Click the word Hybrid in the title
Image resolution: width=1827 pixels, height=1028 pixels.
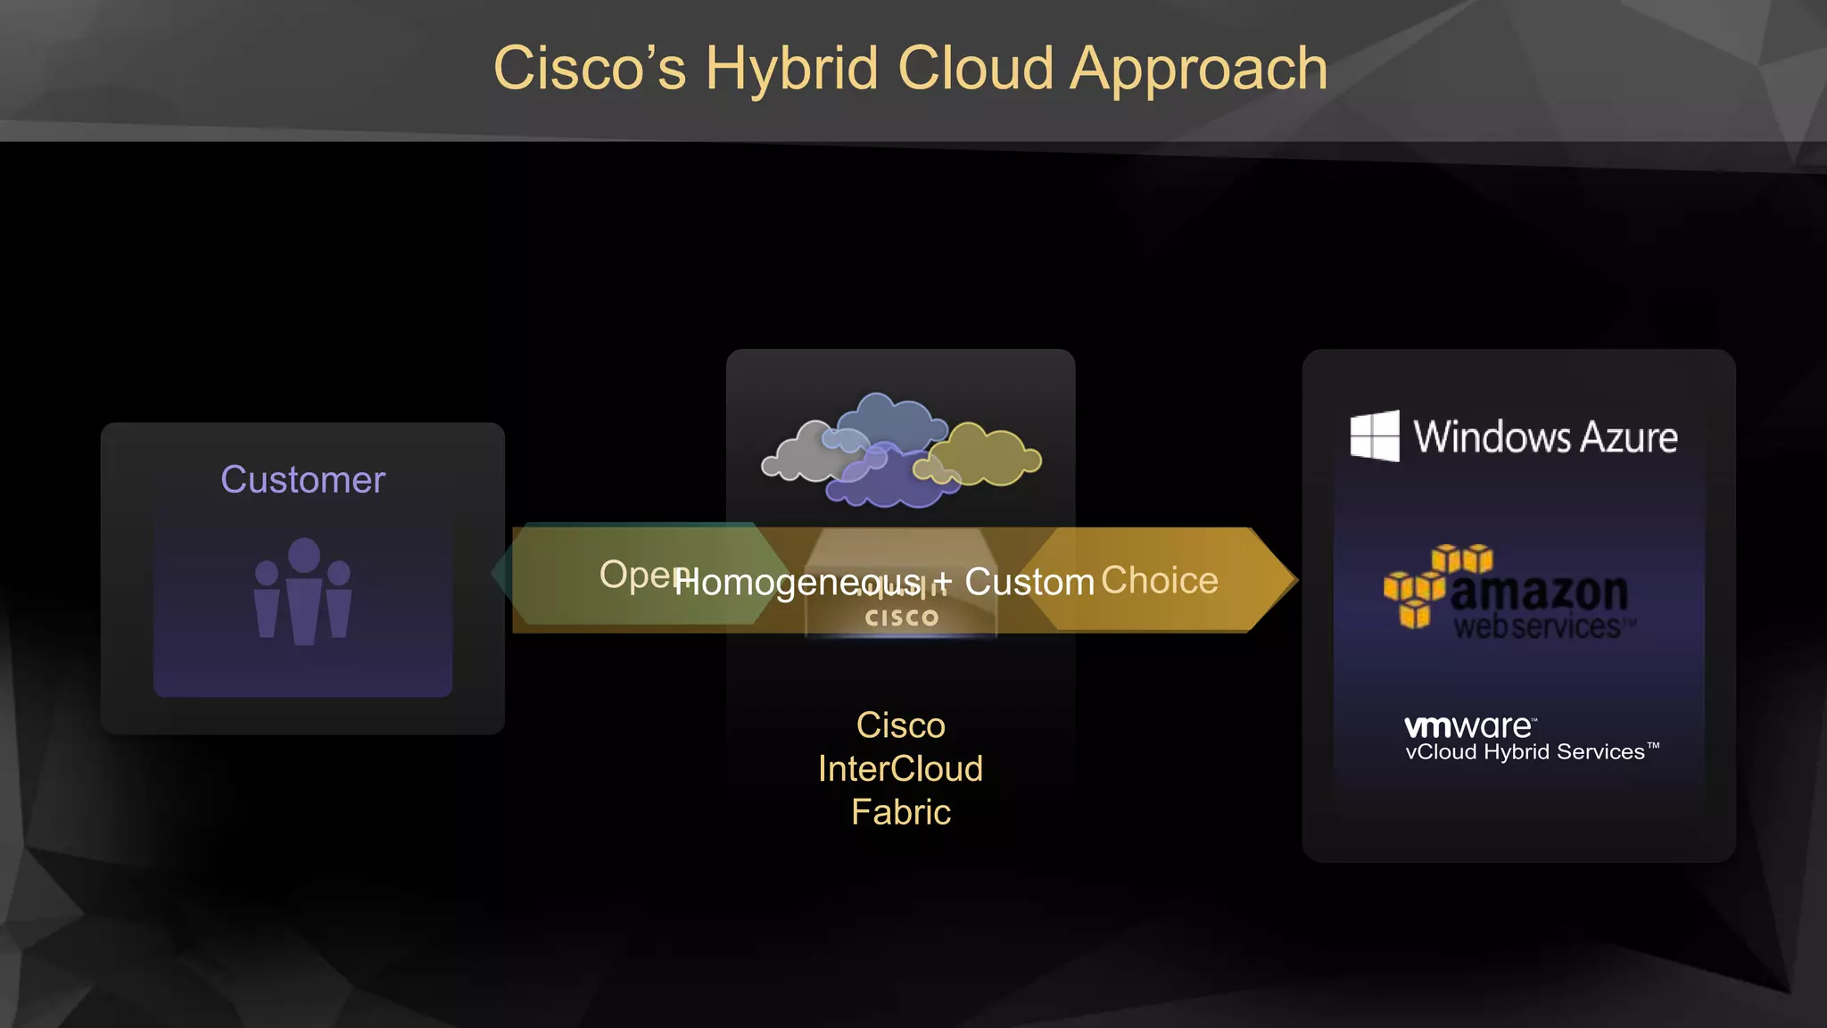click(791, 69)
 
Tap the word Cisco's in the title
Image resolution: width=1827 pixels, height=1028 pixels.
click(589, 69)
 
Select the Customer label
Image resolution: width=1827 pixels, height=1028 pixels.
click(302, 480)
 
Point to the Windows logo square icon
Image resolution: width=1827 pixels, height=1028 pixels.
click(1375, 436)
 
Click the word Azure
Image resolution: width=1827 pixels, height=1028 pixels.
click(1628, 437)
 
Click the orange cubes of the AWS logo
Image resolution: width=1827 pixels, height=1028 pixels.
click(1427, 584)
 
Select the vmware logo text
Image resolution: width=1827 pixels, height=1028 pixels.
click(1468, 726)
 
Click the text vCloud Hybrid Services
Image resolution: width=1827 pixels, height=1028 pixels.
click(1525, 752)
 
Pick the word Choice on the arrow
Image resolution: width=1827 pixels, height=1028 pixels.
click(1159, 581)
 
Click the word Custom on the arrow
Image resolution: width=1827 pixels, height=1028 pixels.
click(1029, 583)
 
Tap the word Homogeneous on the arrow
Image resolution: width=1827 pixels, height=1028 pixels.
click(797, 583)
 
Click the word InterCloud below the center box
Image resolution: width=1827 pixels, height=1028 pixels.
click(900, 769)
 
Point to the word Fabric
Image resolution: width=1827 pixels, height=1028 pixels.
click(900, 812)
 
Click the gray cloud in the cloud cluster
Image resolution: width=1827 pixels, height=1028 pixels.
click(798, 453)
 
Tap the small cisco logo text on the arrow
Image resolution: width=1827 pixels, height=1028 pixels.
click(902, 618)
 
